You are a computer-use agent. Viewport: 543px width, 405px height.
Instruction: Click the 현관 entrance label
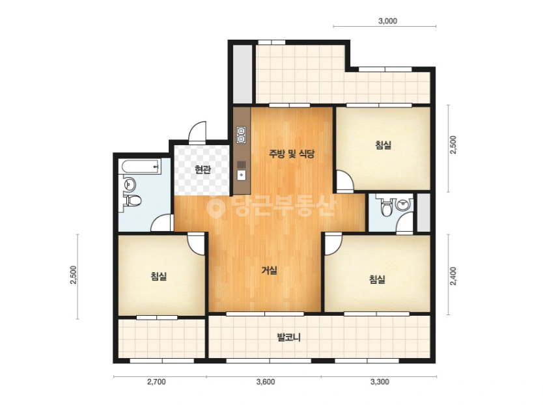tap(202, 170)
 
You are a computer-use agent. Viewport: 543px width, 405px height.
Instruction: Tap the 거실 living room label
tap(269, 270)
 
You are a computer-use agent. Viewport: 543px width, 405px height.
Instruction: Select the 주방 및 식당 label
tap(292, 154)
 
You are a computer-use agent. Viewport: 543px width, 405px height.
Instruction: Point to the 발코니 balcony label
tap(289, 337)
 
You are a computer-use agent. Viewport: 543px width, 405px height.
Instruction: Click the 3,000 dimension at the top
tap(387, 21)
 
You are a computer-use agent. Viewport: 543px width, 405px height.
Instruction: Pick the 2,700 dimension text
tap(156, 382)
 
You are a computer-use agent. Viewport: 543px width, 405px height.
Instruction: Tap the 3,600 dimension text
tap(266, 382)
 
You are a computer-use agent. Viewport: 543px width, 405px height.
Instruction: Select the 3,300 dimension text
tap(380, 382)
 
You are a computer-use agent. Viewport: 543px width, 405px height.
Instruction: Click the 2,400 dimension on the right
tap(453, 276)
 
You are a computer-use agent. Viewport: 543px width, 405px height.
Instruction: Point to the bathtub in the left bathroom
tap(141, 166)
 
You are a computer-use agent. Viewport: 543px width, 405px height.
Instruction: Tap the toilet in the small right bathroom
tap(385, 206)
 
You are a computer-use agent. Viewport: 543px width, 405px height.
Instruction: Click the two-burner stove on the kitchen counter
tap(241, 135)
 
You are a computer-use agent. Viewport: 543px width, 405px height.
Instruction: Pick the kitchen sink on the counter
tap(242, 175)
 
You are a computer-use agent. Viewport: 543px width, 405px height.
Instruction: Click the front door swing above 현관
tap(198, 132)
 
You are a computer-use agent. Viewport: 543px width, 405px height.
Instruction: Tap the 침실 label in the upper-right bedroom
tap(383, 145)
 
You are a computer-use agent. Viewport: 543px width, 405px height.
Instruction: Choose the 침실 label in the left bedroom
tap(159, 276)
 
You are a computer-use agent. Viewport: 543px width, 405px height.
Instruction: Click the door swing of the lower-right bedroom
tap(333, 245)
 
